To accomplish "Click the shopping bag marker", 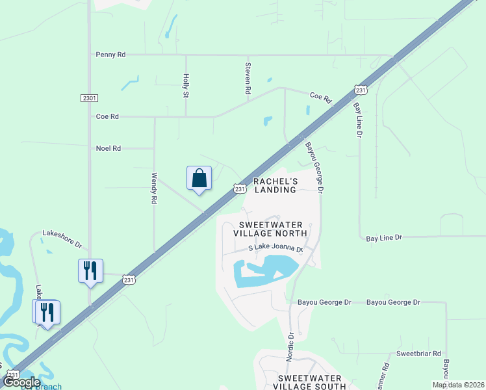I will (199, 178).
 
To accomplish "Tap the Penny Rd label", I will (110, 55).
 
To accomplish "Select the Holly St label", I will (185, 85).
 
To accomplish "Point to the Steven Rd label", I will (248, 79).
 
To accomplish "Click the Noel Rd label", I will (108, 148).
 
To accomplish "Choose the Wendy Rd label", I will (154, 188).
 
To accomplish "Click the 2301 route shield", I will (90, 98).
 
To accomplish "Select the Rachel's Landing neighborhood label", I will (275, 185).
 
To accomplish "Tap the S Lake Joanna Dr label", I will (276, 249).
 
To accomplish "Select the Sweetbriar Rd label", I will (419, 354).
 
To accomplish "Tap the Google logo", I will (21, 382).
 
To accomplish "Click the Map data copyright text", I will (457, 385).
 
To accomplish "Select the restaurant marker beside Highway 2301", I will (90, 270).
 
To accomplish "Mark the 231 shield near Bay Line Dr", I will (361, 90).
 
